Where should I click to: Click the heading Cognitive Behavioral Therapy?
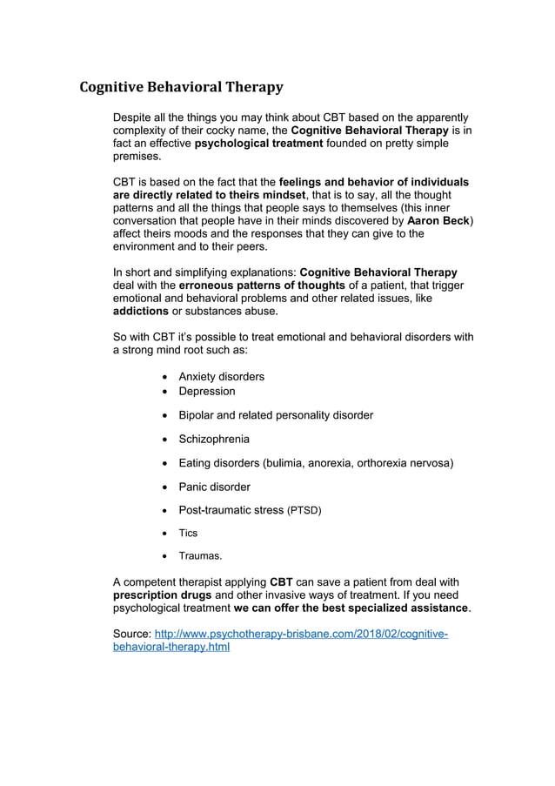click(181, 87)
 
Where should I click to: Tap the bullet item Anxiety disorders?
click(221, 377)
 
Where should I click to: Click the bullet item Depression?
click(206, 392)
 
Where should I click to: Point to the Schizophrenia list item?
click(213, 440)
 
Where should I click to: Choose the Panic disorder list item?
click(214, 487)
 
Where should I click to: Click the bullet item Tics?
click(188, 534)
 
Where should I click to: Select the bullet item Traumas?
click(200, 556)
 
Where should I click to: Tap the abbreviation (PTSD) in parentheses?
click(304, 511)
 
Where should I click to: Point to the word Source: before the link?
click(132, 635)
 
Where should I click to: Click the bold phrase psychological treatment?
click(258, 143)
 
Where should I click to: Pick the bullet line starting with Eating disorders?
click(316, 463)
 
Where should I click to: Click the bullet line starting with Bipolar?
click(275, 415)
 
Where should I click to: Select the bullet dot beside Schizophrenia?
click(165, 440)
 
